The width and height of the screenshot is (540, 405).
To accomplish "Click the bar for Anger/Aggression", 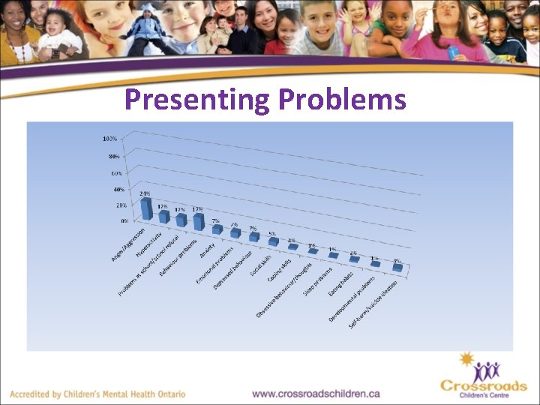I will pos(147,208).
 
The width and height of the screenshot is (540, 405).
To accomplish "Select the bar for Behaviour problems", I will pos(199,220).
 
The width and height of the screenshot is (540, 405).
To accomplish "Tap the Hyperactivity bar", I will pos(163,216).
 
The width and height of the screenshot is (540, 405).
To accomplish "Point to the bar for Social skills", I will pos(273,241).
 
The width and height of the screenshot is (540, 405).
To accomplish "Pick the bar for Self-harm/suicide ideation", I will pos(397,266).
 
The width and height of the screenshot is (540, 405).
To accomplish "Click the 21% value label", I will pos(146,193).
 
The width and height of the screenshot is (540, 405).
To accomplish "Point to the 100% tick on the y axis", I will pos(109,139).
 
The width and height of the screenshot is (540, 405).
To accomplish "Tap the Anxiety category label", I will pos(208,250).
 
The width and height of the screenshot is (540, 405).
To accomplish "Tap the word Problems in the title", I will pos(341,99).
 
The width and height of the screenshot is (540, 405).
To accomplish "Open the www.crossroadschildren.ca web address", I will pos(316,393).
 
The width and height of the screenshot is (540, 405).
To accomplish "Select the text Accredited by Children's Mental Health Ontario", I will pos(110,394).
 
